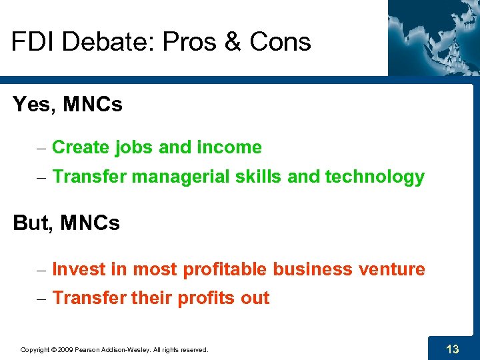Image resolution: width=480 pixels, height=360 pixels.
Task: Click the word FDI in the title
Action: [x=33, y=42]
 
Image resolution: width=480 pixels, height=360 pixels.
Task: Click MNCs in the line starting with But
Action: [x=90, y=223]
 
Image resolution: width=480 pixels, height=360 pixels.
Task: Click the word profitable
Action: [x=223, y=269]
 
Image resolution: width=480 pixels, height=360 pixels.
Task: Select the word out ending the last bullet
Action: [x=255, y=298]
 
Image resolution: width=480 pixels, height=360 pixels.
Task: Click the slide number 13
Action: [x=452, y=348]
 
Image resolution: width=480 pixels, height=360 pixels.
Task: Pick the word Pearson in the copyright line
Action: [x=90, y=349]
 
